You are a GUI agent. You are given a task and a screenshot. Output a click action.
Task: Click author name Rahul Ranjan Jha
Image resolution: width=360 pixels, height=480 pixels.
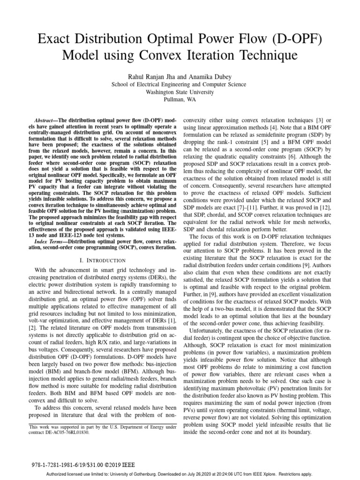[148, 76]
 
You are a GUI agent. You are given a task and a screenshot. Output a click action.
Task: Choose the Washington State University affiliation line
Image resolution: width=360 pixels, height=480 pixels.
[180, 92]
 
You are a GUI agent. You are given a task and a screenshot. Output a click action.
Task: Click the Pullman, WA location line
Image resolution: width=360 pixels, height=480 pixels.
[180, 99]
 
